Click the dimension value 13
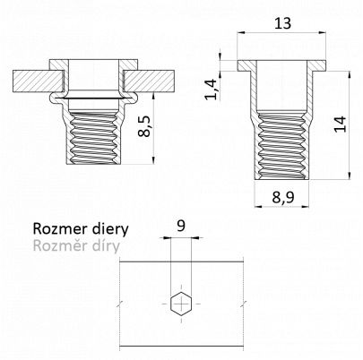[282, 23]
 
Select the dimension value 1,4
[212, 90]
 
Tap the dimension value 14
[340, 124]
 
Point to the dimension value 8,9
[283, 197]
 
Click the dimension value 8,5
[145, 126]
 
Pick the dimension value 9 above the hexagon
[181, 226]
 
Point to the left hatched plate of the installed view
[39, 81]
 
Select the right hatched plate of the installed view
[149, 81]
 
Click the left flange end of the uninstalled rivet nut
[247, 65]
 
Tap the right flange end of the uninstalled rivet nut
[316, 65]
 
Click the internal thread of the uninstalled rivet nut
[281, 146]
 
